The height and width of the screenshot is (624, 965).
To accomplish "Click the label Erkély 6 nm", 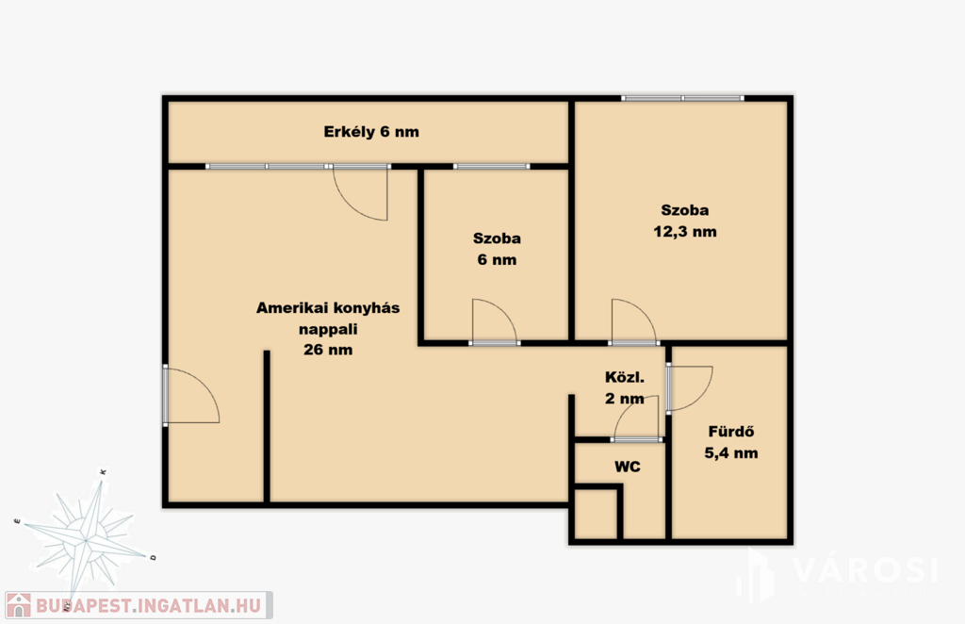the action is [x=371, y=132].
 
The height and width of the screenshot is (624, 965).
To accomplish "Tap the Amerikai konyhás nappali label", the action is [x=328, y=319].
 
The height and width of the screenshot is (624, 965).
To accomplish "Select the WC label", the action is [x=627, y=467].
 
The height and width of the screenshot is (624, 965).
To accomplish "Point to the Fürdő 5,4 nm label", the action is [x=731, y=442].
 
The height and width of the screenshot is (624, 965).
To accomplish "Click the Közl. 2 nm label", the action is [x=625, y=387].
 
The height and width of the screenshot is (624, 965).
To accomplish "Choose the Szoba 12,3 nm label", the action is [x=685, y=221].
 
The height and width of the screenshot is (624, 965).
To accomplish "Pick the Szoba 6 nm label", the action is [x=497, y=249].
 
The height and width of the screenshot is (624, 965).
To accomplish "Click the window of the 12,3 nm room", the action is [x=682, y=98].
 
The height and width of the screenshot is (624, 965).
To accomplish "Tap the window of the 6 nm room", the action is [x=492, y=166].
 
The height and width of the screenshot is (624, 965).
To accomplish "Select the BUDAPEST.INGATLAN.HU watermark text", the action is [x=148, y=605].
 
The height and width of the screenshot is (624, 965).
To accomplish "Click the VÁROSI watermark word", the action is [x=865, y=570].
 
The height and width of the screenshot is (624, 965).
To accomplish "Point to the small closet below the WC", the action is [x=596, y=513].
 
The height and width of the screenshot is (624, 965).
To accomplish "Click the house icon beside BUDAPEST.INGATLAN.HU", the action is [x=19, y=605].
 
